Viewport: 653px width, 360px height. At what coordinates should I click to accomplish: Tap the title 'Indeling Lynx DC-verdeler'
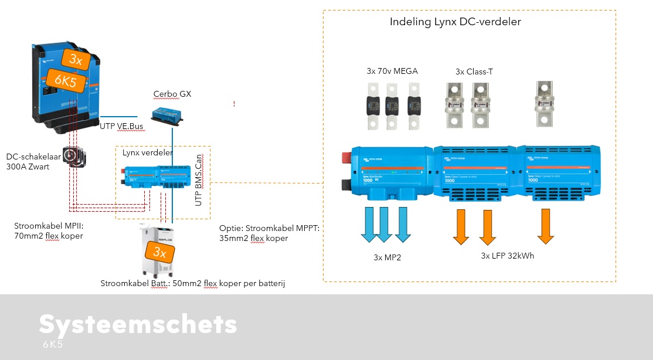pos(455,22)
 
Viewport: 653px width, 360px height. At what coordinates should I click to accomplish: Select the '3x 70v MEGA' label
pos(392,72)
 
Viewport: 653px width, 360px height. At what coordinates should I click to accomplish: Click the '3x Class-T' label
pos(474,72)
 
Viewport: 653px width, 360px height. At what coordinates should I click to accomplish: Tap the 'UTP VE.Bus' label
pos(121,125)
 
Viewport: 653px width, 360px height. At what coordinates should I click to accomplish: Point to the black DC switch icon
pos(74,156)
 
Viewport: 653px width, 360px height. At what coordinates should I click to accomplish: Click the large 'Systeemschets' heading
pos(138,324)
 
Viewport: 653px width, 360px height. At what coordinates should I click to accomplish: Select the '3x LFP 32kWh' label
pos(508,256)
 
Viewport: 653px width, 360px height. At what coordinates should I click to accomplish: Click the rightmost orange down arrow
pos(546,226)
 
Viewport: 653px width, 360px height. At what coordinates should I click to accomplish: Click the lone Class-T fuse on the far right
pos(545,104)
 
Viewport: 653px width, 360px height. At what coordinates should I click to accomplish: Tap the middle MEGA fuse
pos(393,105)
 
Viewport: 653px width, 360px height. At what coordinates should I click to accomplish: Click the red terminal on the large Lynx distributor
pos(346,158)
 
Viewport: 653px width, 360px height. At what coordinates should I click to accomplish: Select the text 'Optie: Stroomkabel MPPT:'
pos(269,228)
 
